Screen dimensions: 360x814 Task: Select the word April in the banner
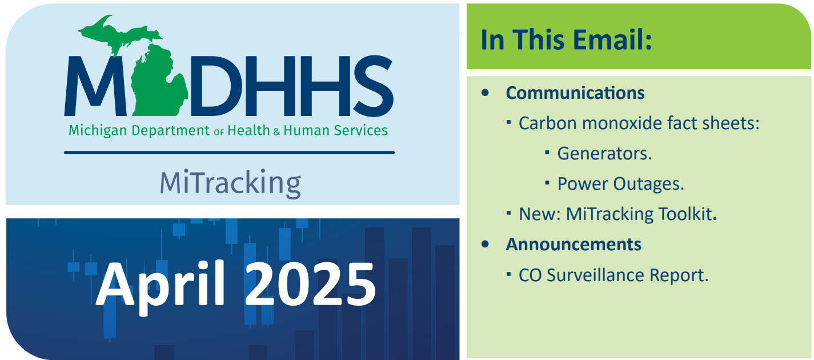click(161, 283)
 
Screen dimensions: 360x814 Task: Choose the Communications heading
click(575, 93)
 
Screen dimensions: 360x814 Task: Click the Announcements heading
click(574, 245)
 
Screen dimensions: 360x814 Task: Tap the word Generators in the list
click(604, 154)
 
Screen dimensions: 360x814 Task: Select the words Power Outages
click(620, 184)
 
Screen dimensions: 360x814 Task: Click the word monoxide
click(639, 123)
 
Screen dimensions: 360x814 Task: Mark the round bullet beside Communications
click(486, 93)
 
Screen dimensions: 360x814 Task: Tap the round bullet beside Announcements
click(486, 244)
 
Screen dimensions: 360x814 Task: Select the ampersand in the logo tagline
click(277, 131)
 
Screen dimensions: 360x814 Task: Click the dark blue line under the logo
click(229, 153)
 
